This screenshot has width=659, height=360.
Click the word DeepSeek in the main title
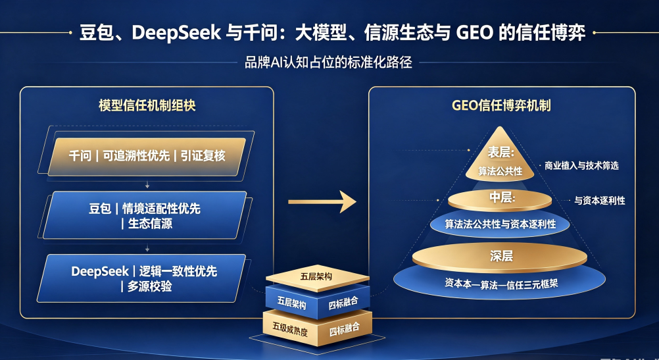click(176, 33)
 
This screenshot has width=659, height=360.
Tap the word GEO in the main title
click(474, 32)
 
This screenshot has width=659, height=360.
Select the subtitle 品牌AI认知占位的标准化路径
click(328, 63)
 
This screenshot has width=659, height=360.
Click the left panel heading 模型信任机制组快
click(147, 105)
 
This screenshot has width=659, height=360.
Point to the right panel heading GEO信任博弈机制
click(501, 105)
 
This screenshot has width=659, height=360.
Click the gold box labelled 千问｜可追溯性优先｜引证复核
click(147, 156)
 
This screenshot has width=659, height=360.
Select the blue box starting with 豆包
click(145, 215)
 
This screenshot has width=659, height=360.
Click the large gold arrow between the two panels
click(322, 202)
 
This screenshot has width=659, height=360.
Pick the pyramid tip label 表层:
click(500, 152)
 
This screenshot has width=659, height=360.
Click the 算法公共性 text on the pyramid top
click(500, 171)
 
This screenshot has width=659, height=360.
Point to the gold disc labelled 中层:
click(500, 199)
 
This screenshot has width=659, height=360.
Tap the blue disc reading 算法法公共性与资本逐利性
click(500, 224)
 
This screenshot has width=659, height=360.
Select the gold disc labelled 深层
click(500, 257)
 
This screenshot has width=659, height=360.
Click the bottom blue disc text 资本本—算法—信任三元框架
click(501, 284)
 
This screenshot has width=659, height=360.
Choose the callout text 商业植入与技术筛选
click(581, 166)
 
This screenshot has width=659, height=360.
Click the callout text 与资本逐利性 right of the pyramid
click(600, 201)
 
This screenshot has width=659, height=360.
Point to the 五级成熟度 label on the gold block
click(290, 328)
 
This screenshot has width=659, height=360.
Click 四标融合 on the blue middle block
click(343, 302)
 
